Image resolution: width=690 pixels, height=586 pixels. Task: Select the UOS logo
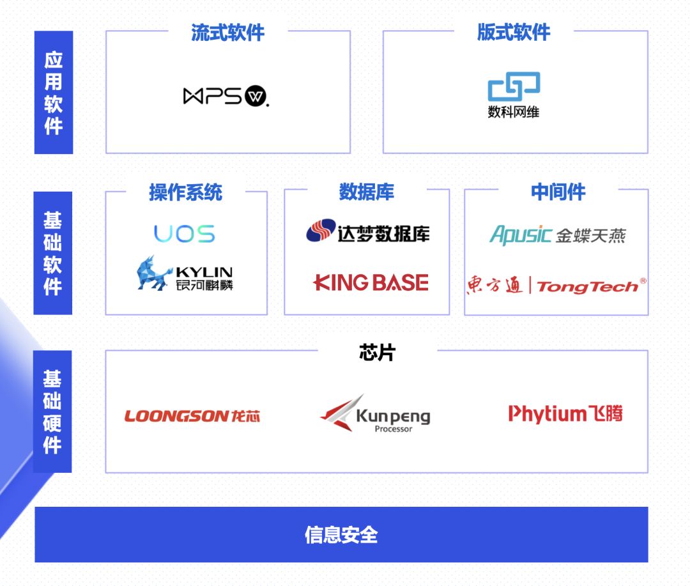click(184, 235)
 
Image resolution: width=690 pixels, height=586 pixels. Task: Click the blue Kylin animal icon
click(153, 273)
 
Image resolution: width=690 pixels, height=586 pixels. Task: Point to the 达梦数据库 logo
click(367, 231)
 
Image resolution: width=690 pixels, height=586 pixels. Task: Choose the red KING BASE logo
click(371, 282)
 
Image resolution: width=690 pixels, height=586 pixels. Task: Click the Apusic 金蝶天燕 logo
click(557, 235)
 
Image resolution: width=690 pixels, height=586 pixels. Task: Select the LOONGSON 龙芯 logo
click(192, 417)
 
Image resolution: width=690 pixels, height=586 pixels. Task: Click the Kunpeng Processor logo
click(375, 414)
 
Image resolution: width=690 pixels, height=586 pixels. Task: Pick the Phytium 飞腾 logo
click(565, 414)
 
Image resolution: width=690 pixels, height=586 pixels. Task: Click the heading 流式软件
click(227, 33)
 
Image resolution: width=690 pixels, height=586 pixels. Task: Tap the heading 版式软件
click(514, 33)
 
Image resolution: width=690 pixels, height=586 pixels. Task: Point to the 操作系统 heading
click(186, 192)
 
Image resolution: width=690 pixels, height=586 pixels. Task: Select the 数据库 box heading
click(367, 192)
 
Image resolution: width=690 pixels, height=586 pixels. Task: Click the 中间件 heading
click(558, 192)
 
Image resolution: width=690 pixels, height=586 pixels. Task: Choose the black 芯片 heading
click(377, 352)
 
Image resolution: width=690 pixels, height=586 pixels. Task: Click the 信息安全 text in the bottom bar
click(341, 534)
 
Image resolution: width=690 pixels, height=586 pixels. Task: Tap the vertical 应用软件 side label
click(54, 93)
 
